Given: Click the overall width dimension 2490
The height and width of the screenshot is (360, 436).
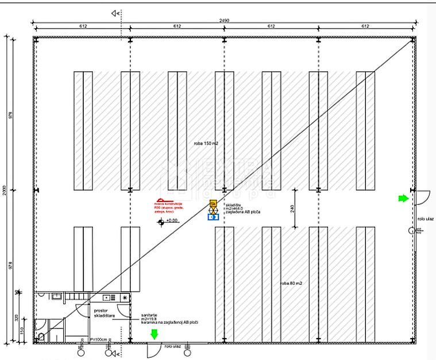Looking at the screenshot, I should tap(224, 21).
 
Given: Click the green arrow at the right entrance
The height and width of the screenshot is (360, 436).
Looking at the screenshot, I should tap(403, 198).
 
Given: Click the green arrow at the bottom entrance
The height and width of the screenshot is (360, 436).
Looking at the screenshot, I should tap(153, 334).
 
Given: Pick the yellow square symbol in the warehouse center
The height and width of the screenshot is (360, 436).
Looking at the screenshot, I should tap(213, 203).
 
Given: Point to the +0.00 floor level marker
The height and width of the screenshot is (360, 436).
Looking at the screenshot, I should tap(171, 220).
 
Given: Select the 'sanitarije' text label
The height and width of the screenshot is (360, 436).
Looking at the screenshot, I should tap(151, 316).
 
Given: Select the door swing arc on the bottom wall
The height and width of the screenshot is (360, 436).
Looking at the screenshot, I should tap(153, 349).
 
